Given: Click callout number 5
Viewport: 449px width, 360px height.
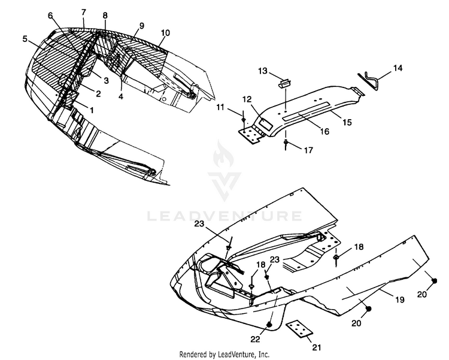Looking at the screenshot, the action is pyautogui.click(x=25, y=39).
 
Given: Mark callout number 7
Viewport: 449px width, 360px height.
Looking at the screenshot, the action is pyautogui.click(x=83, y=12).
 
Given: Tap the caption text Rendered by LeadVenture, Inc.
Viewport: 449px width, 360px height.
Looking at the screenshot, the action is pyautogui.click(x=224, y=354).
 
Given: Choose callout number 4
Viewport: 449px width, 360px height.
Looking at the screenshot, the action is pyautogui.click(x=121, y=95).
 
